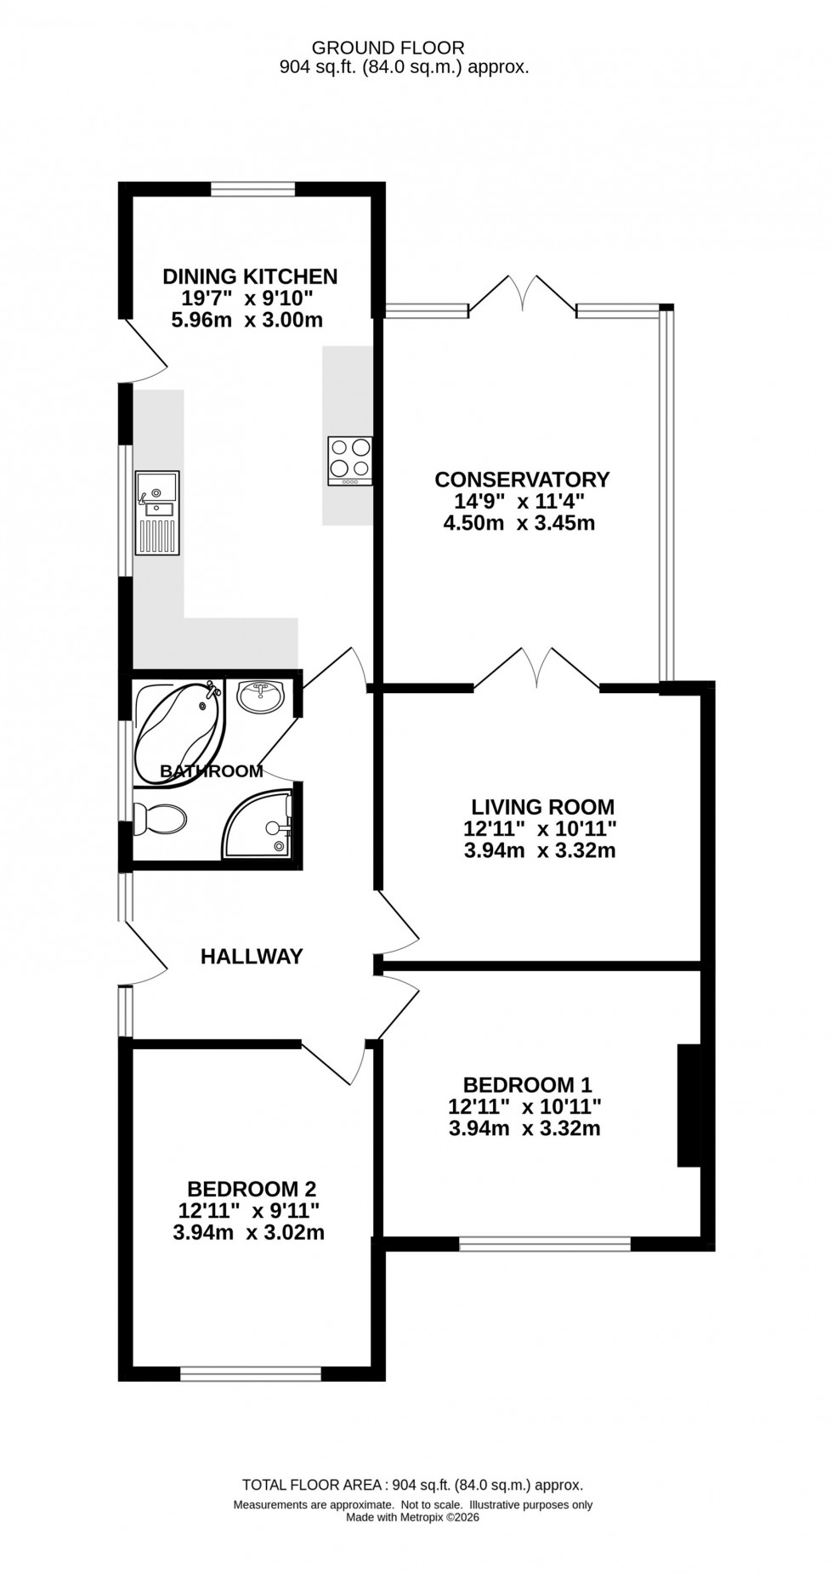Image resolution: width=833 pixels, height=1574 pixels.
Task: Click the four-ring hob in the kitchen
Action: coord(349,460)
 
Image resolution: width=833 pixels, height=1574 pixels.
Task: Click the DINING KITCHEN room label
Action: coord(250,276)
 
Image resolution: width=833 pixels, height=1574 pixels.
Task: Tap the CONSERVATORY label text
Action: coord(522,480)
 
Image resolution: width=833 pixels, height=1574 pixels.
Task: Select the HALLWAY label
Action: coord(252,957)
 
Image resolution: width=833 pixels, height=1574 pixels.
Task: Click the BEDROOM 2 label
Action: coord(252,1188)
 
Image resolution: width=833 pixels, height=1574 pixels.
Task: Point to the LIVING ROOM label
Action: coord(542,806)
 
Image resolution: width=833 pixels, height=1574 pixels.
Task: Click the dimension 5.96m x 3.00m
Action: coord(246,321)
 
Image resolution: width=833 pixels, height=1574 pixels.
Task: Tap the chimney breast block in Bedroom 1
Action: coord(688,1105)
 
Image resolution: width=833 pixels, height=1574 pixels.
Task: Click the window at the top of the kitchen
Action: coord(252,189)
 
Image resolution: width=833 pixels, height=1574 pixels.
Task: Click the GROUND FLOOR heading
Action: coord(388,48)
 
